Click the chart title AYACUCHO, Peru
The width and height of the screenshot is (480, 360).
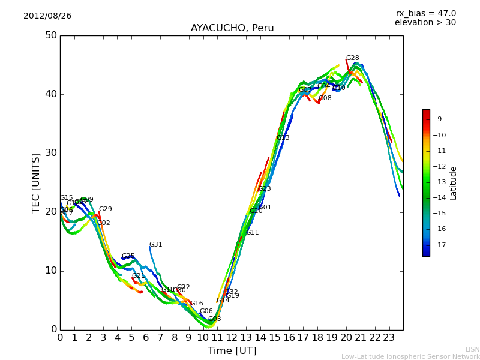[x=232, y=28]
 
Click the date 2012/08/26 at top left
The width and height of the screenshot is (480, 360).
[x=47, y=16]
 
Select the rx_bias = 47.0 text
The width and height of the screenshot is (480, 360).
[x=425, y=14]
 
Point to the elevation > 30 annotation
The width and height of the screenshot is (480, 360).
[x=425, y=23]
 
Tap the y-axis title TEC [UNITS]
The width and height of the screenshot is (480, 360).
[x=37, y=182]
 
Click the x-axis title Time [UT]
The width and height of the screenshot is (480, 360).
[x=232, y=351]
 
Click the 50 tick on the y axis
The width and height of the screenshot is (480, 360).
[x=50, y=35]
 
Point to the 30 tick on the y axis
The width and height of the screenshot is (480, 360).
[x=50, y=153]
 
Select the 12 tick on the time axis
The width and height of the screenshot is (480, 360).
[x=232, y=337]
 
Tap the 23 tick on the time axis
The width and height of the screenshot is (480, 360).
[x=389, y=337]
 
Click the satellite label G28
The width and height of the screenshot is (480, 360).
[x=352, y=58]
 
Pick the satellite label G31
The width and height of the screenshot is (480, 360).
[x=155, y=245]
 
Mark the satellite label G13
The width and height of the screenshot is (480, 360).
[x=283, y=138]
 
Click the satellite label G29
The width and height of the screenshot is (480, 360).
[x=105, y=209]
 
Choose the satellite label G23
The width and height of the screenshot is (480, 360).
[x=264, y=189]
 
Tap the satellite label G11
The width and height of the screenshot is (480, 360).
[x=252, y=233]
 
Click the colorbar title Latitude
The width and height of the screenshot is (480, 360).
[x=454, y=183]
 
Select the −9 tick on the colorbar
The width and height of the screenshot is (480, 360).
[x=436, y=119]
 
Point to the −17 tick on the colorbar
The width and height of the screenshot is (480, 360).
[x=438, y=245]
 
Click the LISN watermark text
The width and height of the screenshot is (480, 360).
[x=472, y=349]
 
